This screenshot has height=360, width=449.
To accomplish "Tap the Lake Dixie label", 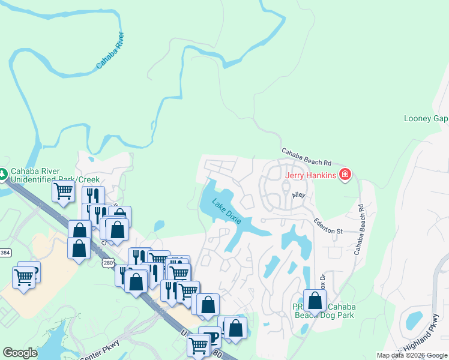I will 226,211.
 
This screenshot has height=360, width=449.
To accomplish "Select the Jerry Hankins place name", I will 310,175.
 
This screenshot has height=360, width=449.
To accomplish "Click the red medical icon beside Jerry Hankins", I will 345,175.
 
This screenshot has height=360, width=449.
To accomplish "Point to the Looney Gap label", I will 426,118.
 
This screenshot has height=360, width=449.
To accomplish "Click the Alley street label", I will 298,196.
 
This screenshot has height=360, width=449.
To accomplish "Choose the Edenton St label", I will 328,227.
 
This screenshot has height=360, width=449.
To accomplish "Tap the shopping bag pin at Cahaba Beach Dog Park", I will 315,300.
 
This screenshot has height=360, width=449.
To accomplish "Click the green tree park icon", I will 3,174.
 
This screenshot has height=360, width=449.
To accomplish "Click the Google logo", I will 20,353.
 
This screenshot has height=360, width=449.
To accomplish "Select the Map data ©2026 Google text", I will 412,355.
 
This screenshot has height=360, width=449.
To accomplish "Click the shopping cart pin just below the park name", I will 63,191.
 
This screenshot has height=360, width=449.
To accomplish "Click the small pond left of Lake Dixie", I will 158,226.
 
